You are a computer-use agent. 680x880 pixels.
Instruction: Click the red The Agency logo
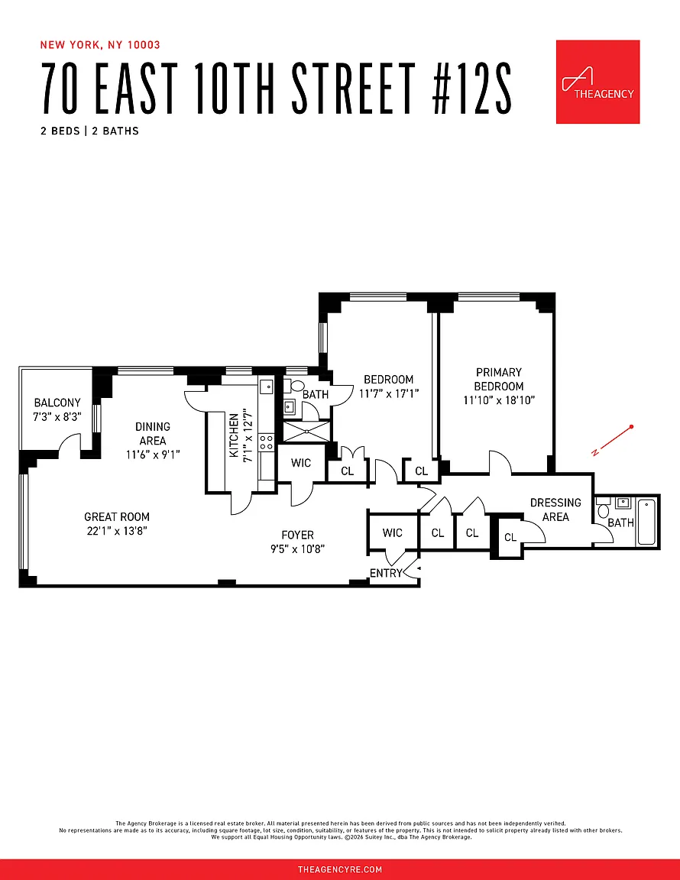pos(597,82)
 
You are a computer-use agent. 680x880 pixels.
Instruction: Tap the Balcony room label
pos(57,403)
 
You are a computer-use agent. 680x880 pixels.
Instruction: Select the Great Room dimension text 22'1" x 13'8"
pos(117,530)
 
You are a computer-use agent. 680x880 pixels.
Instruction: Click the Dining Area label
pos(152,433)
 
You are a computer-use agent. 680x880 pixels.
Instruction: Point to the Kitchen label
pos(235,435)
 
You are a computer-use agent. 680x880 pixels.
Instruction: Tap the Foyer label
pos(298,535)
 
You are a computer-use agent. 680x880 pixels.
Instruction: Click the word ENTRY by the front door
pos(386,573)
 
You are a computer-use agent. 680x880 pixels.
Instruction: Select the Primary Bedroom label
pos(499,379)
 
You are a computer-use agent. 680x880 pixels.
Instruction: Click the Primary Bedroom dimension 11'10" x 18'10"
pos(499,400)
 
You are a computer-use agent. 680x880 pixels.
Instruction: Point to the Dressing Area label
pos(555,510)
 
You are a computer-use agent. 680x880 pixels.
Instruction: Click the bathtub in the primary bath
pos(646,522)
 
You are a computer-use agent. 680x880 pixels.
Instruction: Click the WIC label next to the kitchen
pos(301,463)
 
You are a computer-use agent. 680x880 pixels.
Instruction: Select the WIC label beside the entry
pos(393,532)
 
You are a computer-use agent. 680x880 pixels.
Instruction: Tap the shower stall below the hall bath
pos(306,432)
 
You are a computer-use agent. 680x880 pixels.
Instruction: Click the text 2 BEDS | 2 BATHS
pos(90,131)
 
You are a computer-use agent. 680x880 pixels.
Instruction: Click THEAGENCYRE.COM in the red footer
pos(340,869)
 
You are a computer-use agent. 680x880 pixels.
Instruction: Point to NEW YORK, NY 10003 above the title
pos(101,45)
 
